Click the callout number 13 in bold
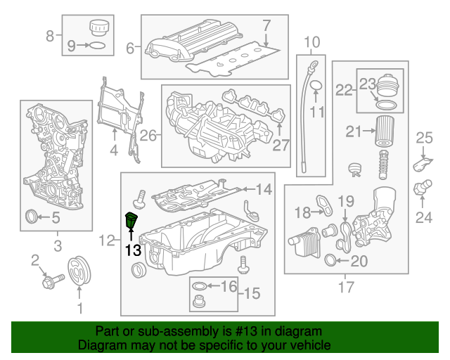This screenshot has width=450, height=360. click(133, 249)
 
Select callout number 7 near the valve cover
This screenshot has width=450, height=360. click(266, 27)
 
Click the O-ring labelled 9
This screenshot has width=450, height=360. click(100, 46)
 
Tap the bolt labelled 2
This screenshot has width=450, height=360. click(50, 280)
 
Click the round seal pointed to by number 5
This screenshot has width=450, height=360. click(32, 217)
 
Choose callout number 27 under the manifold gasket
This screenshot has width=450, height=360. click(281, 146)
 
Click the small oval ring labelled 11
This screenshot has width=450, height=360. click(316, 86)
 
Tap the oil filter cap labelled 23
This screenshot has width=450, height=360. click(387, 89)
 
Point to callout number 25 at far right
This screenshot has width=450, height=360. click(424, 137)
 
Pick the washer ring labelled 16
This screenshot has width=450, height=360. click(199, 286)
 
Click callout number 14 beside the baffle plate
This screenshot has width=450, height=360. click(263, 188)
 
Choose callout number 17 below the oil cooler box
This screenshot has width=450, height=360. click(346, 286)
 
